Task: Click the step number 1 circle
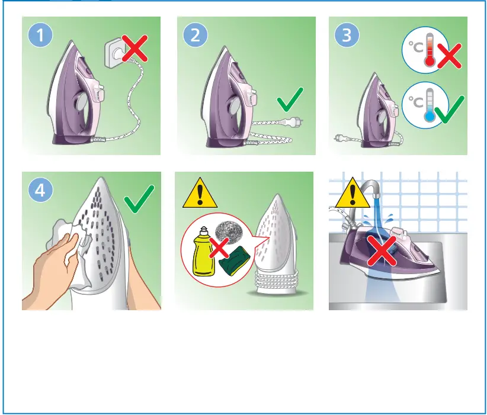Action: (40, 36)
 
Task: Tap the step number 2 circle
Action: (194, 36)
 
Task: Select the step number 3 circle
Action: (347, 36)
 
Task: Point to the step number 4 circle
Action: (40, 191)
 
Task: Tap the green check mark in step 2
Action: (290, 99)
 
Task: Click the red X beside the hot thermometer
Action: (448, 57)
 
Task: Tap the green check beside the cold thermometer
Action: (450, 108)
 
